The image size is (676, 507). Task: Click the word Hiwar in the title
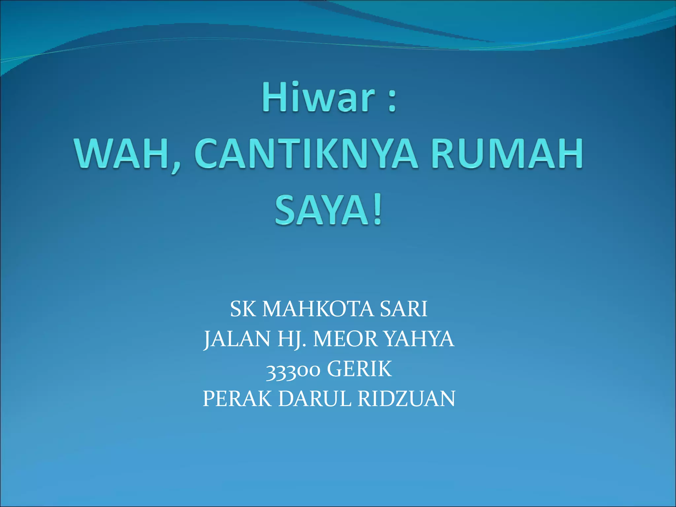[x=319, y=98]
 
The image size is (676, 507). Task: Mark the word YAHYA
[x=419, y=339]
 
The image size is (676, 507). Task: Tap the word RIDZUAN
[x=406, y=399]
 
